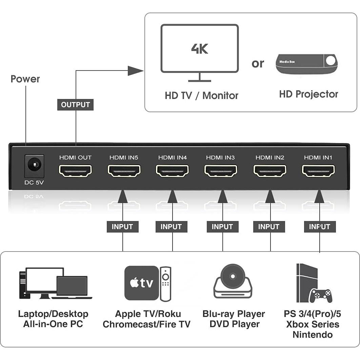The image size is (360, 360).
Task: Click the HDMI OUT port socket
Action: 75,171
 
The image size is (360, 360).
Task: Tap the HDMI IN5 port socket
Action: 124,171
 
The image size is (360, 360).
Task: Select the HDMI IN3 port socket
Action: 221,171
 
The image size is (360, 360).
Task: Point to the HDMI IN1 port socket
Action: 318,171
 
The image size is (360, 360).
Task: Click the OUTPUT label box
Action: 75,105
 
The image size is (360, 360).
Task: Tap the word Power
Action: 25,79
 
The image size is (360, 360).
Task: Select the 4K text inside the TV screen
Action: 199,48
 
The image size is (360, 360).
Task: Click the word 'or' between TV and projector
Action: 258,63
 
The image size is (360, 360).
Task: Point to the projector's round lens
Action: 330,61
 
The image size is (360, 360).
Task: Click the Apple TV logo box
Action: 141,283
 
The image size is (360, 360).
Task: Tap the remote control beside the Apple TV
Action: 165,284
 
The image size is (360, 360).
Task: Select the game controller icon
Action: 321,295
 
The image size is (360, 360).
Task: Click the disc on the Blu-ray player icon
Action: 233,276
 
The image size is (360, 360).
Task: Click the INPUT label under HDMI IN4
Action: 171,227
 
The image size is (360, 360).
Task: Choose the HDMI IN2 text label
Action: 269,158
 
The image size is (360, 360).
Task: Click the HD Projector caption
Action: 308,94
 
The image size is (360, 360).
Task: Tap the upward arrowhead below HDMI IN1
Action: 319,197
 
